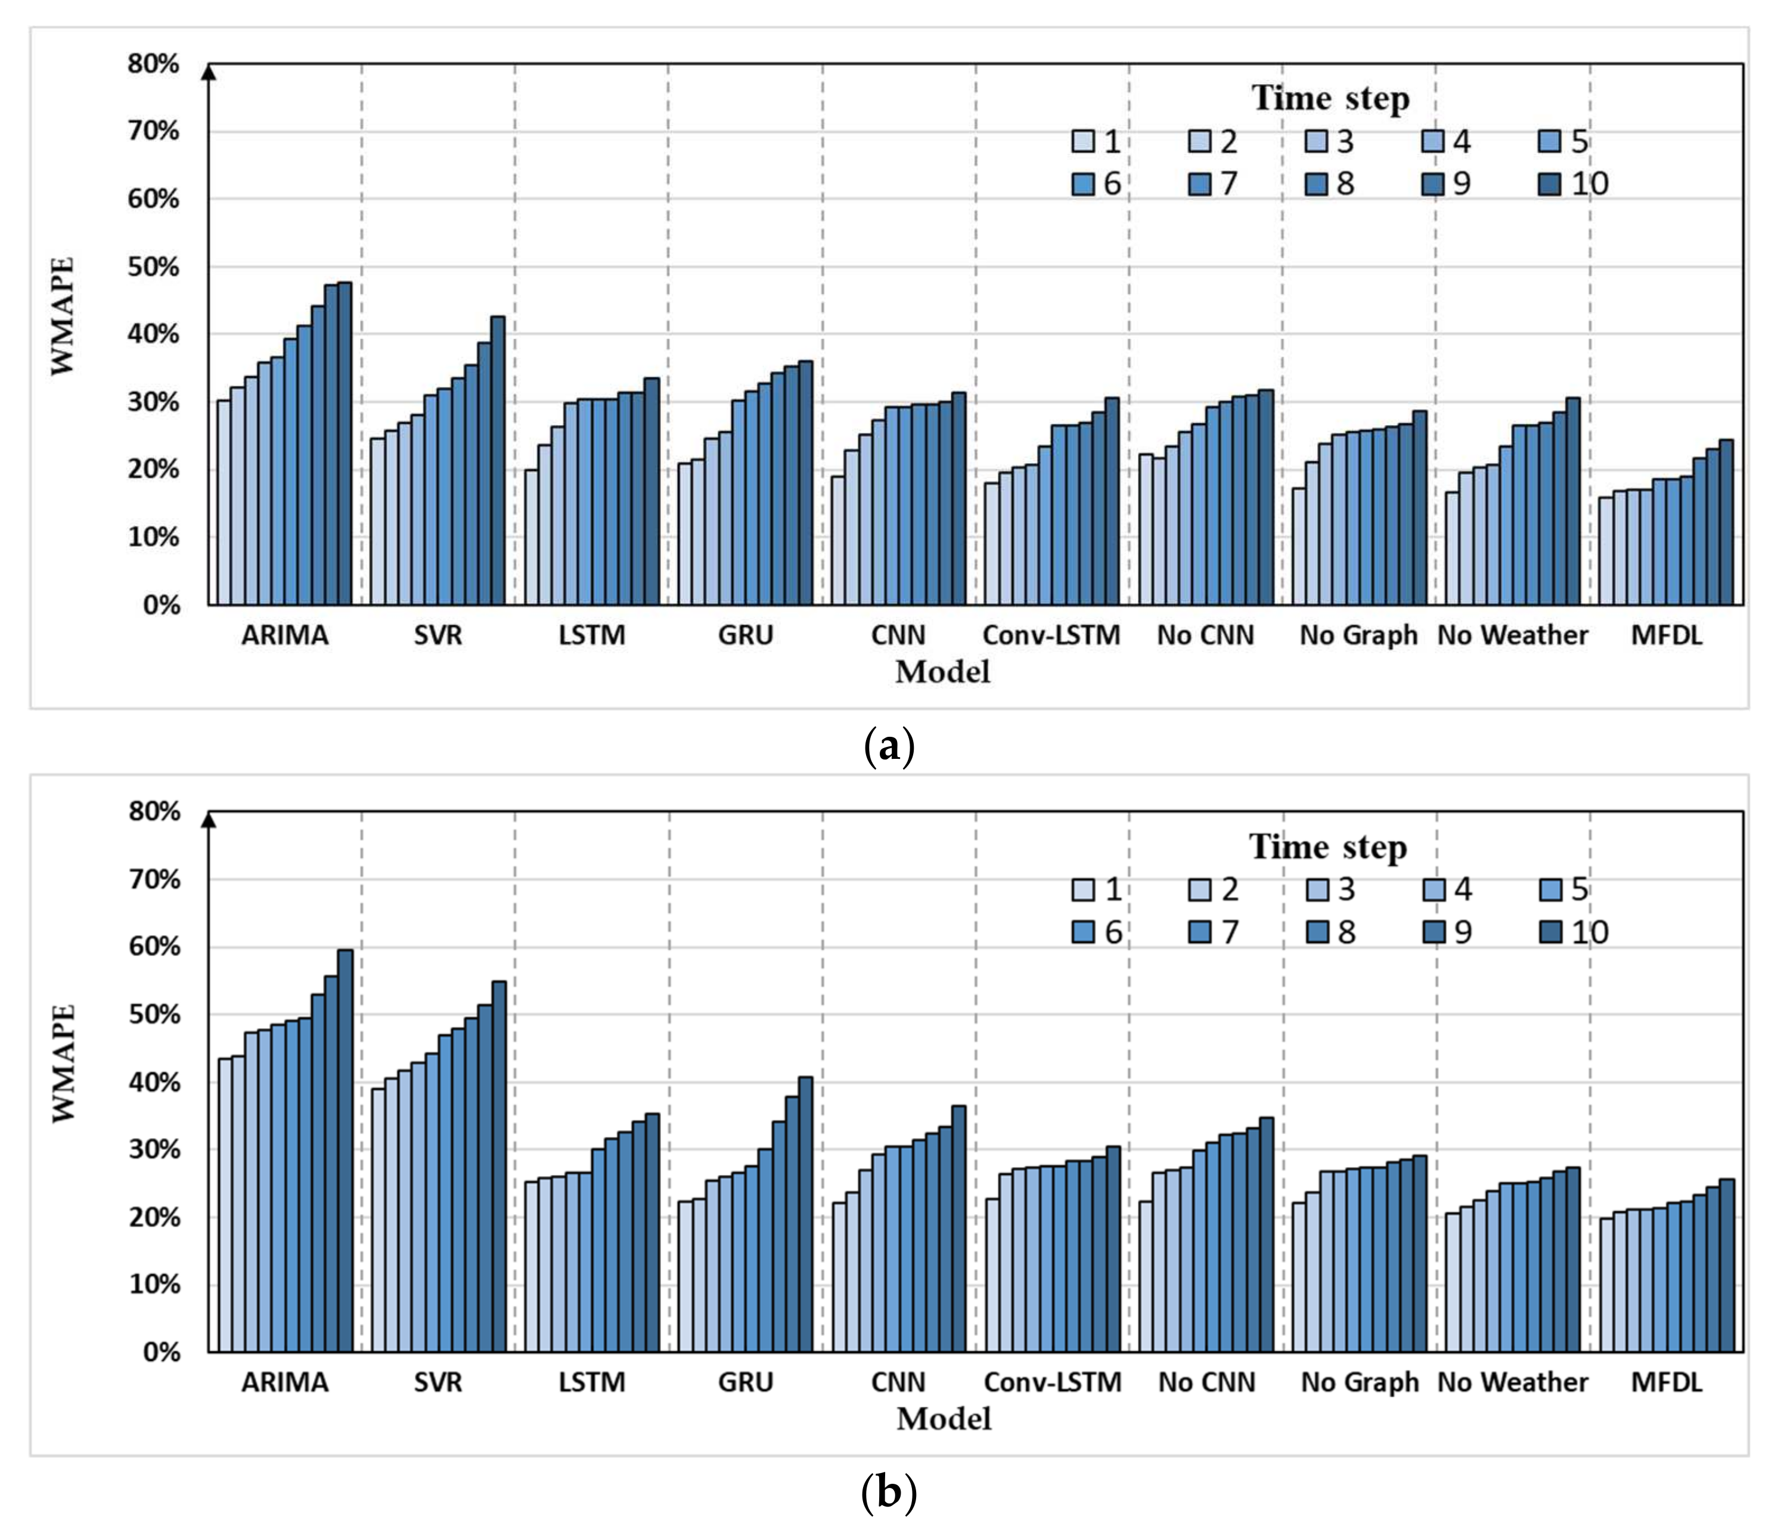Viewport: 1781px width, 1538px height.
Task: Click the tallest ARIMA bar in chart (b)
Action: (x=345, y=1152)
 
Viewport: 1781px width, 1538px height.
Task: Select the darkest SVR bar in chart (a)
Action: (x=498, y=461)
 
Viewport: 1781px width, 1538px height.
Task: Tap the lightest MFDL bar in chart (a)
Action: (x=1605, y=551)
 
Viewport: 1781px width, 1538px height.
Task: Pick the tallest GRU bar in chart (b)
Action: (x=805, y=1215)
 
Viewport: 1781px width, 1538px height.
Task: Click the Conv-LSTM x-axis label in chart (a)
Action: (x=1051, y=635)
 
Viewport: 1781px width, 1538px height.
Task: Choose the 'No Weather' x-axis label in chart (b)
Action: (x=1512, y=1382)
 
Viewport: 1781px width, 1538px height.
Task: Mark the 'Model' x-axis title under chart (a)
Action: (x=942, y=671)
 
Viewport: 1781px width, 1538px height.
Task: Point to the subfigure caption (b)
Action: (x=889, y=1493)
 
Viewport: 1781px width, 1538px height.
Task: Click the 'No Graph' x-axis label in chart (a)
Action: (x=1358, y=635)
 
